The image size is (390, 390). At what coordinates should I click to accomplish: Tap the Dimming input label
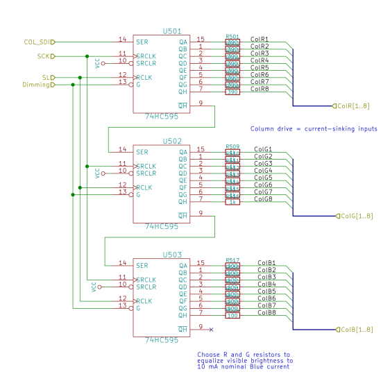coord(36,85)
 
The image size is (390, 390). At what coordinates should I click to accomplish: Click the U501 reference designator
coord(171,31)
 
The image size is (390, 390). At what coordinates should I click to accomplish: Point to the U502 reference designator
coord(171,141)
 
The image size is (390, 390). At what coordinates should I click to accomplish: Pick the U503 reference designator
coord(171,255)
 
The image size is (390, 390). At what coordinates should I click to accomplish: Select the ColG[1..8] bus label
coord(357,216)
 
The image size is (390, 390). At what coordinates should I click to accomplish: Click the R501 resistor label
coord(232,36)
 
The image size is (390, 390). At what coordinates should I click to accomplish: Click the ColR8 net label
coord(260,89)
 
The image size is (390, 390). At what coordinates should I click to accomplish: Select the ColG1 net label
coord(263,149)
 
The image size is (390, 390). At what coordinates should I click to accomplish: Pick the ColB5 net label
coord(266,291)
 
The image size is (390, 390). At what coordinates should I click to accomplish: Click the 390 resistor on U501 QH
coord(232,92)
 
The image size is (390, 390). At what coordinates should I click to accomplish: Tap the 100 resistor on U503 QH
coord(232,315)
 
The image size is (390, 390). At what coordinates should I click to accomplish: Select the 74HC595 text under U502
coord(162,227)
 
